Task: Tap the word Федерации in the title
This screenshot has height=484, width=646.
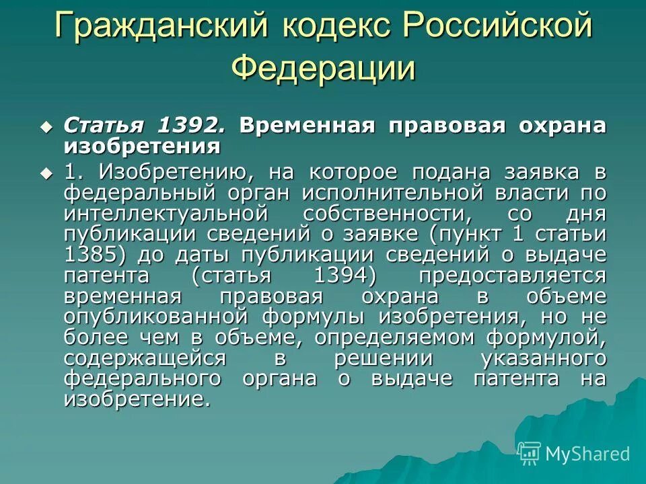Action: tap(323, 69)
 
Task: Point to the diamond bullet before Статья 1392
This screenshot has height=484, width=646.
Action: tap(46, 126)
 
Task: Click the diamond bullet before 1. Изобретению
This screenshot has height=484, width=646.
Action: tap(46, 172)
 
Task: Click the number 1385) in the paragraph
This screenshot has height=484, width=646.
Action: tap(97, 255)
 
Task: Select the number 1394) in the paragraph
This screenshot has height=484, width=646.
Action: tap(346, 276)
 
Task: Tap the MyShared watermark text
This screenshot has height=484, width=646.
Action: tap(587, 453)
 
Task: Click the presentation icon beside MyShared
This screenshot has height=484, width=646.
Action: tap(530, 453)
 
